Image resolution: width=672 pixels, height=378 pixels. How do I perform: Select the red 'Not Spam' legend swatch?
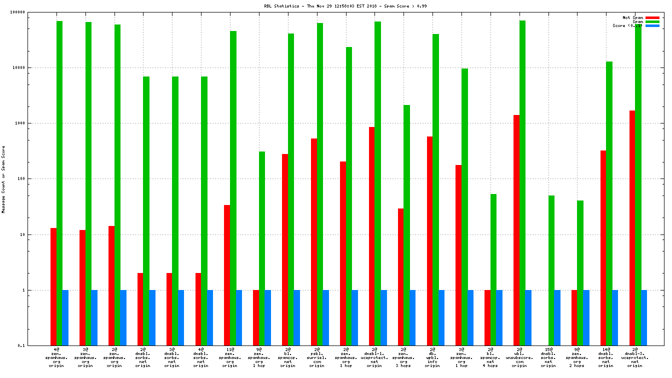(x=652, y=17)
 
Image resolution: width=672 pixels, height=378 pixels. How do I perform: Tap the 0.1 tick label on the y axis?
(x=35, y=345)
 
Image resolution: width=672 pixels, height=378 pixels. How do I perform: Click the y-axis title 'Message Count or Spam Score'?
(x=3, y=179)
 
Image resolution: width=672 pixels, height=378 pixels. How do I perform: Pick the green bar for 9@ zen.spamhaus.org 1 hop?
(x=262, y=248)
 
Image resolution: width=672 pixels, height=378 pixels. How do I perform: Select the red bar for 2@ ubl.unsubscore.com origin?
(x=516, y=230)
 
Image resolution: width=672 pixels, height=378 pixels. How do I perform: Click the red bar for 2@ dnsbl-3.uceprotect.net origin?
(x=632, y=228)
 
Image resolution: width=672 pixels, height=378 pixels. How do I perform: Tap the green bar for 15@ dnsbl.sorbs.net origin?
(x=551, y=270)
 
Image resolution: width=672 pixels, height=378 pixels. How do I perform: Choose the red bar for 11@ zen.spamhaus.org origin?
(x=227, y=275)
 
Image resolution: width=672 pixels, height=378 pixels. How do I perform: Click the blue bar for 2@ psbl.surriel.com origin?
(x=325, y=317)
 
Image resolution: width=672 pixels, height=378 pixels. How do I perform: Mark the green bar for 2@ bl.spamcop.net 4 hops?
(x=493, y=269)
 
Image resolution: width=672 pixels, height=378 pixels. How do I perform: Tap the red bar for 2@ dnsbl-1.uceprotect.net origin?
(x=372, y=236)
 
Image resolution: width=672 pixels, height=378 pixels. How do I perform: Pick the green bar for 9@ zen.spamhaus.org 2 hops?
(x=580, y=273)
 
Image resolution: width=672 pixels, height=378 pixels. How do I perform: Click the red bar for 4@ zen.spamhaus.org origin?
(x=53, y=286)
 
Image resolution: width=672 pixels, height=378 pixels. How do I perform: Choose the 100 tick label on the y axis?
(x=34, y=178)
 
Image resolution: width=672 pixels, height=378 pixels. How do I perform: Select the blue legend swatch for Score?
(x=652, y=25)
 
